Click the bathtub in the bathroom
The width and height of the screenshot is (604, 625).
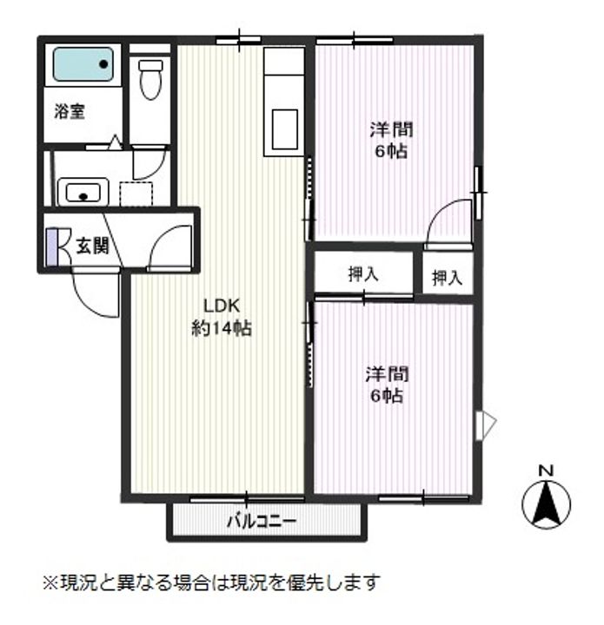tap(83, 63)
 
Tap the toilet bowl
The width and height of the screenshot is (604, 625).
tap(150, 79)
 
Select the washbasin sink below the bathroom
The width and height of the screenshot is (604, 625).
tap(83, 191)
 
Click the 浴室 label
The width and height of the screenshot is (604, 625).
tap(70, 112)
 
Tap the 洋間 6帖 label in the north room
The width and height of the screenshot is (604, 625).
tap(390, 140)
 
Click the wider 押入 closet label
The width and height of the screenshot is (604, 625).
tap(363, 275)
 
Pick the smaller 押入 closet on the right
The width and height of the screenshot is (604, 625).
tap(448, 278)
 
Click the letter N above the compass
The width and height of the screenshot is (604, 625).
tap(546, 470)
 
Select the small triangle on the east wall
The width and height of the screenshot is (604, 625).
tap(488, 424)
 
